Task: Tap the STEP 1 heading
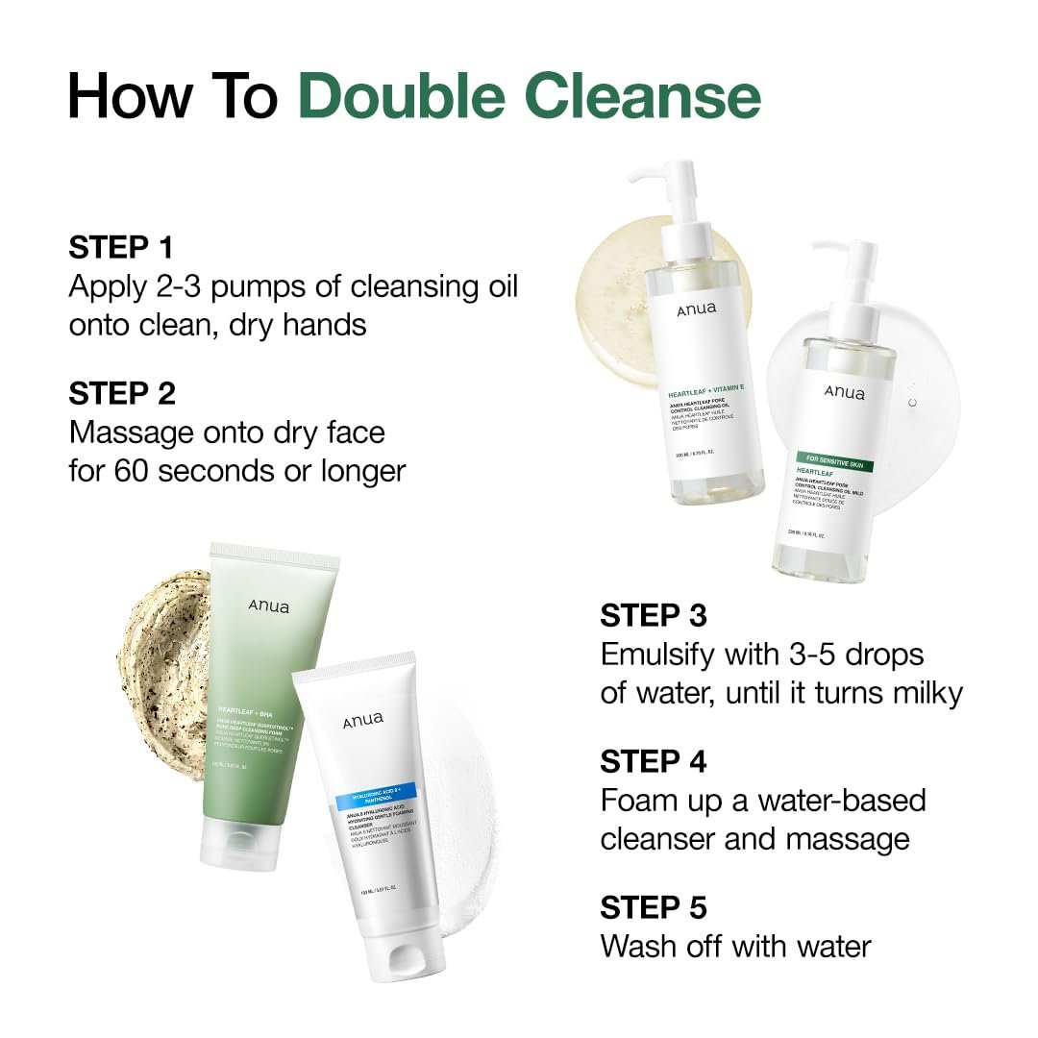[120, 247]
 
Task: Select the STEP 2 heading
[122, 393]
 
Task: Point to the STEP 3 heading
[654, 615]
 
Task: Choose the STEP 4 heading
[654, 761]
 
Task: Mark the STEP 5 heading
[654, 907]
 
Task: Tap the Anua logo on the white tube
[362, 719]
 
